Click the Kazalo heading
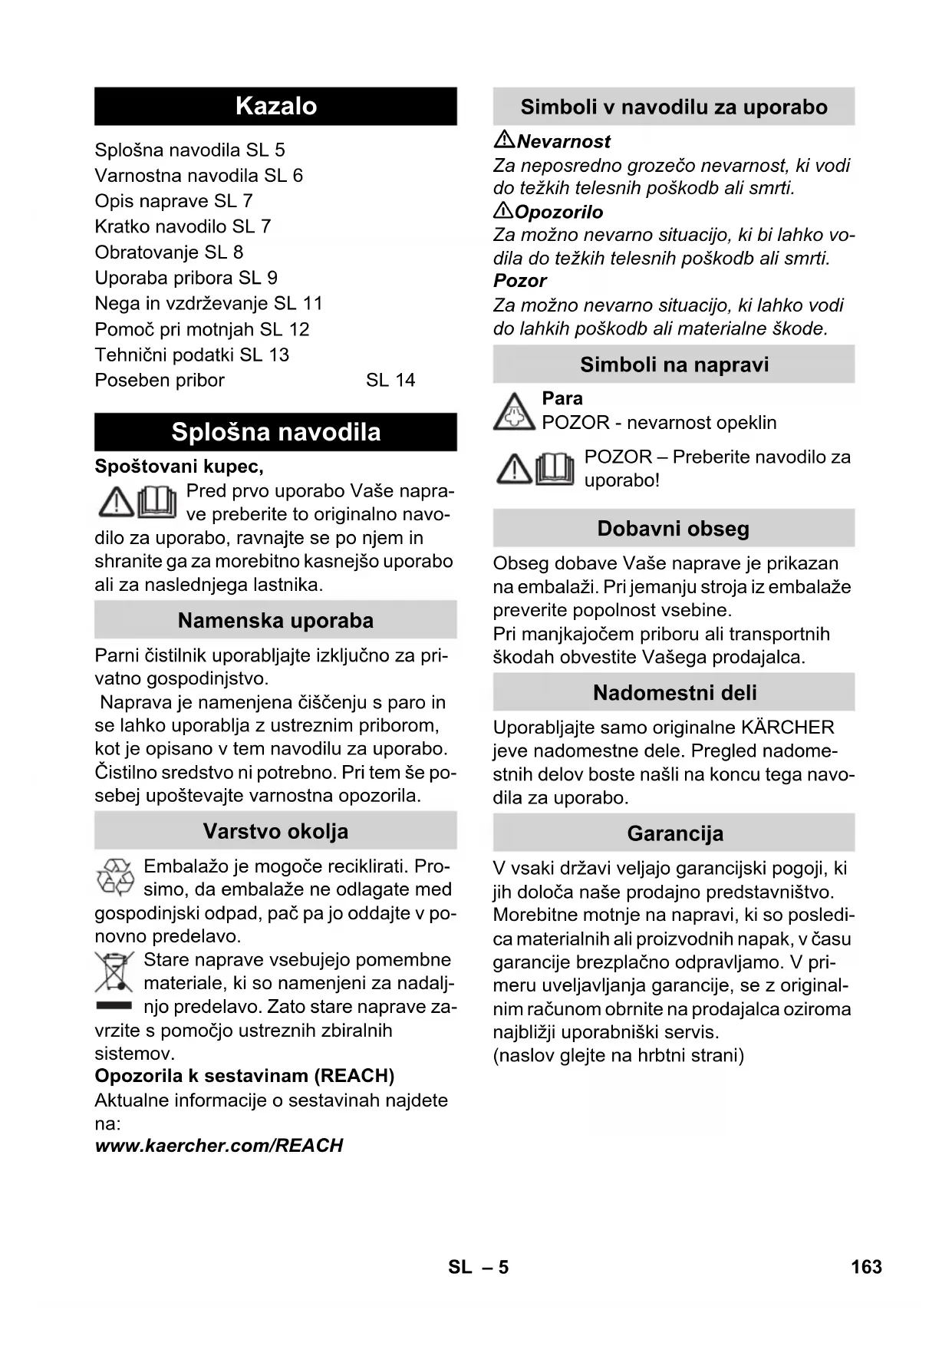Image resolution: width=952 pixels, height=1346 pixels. click(x=275, y=106)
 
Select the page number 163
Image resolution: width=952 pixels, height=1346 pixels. click(x=866, y=1267)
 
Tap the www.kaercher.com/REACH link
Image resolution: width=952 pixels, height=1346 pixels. click(x=219, y=1146)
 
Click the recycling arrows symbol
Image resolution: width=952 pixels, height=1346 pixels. click(x=115, y=878)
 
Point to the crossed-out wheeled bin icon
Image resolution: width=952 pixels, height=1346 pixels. click(x=114, y=972)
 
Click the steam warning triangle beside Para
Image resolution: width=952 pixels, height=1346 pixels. click(x=513, y=411)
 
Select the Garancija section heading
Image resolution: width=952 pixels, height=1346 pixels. click(x=674, y=833)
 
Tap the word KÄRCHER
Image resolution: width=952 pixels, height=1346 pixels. click(x=788, y=727)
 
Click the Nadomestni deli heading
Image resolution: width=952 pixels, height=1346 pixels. click(x=674, y=693)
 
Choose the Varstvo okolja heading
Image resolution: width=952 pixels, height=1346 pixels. click(x=275, y=831)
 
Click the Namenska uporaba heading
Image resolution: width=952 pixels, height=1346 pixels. click(x=275, y=620)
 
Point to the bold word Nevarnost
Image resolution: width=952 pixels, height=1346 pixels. click(x=564, y=141)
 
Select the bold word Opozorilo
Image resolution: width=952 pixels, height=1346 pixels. click(x=558, y=212)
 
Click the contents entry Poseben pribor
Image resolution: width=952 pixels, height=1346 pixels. click(x=160, y=381)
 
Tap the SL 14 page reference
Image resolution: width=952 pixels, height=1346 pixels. click(x=390, y=381)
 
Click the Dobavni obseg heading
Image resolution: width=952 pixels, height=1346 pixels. click(x=673, y=529)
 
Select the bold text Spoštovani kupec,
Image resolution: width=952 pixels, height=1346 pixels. click(x=179, y=467)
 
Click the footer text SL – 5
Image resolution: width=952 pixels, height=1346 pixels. click(x=478, y=1267)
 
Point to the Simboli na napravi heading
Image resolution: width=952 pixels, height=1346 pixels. click(x=674, y=365)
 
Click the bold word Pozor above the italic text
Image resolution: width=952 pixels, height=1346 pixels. click(x=519, y=281)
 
